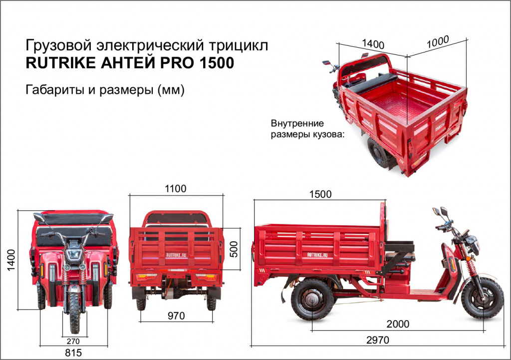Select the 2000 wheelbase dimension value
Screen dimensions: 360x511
point(397,324)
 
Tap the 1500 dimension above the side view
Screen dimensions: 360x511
point(320,194)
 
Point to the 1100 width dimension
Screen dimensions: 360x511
point(175,188)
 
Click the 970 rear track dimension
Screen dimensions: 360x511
point(176,316)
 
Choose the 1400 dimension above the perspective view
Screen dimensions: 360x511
point(373,43)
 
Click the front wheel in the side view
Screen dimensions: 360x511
point(482,298)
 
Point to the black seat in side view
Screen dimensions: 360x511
point(399,246)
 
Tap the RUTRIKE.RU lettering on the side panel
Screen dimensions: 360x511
point(317,254)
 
